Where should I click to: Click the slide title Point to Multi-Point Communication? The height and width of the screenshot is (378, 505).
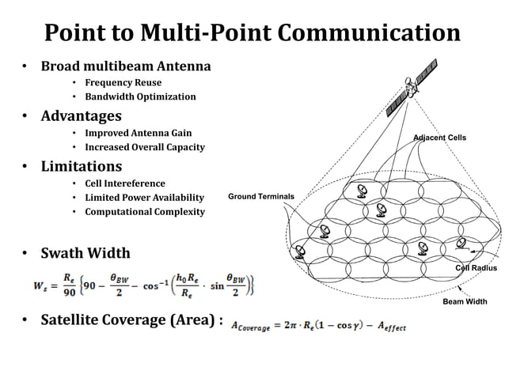point(252,32)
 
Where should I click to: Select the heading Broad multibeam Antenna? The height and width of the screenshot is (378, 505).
point(126,66)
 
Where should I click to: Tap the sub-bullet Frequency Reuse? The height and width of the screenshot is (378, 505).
point(123,82)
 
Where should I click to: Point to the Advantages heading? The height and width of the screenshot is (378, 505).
point(81,116)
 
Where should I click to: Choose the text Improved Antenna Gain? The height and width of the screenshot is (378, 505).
point(138,133)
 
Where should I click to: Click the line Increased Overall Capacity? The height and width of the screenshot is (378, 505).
point(145,147)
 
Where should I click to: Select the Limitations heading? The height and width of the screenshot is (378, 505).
point(81,166)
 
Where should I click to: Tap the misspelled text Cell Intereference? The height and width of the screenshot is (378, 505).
point(125,183)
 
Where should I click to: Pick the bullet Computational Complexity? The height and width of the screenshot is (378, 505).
point(145,212)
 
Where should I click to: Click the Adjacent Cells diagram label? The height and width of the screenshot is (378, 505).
point(439,138)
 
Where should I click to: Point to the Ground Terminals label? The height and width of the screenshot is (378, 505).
point(260,196)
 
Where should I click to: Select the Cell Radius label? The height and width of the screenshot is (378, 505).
point(476,268)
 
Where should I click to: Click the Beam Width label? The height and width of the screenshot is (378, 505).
point(465,302)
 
